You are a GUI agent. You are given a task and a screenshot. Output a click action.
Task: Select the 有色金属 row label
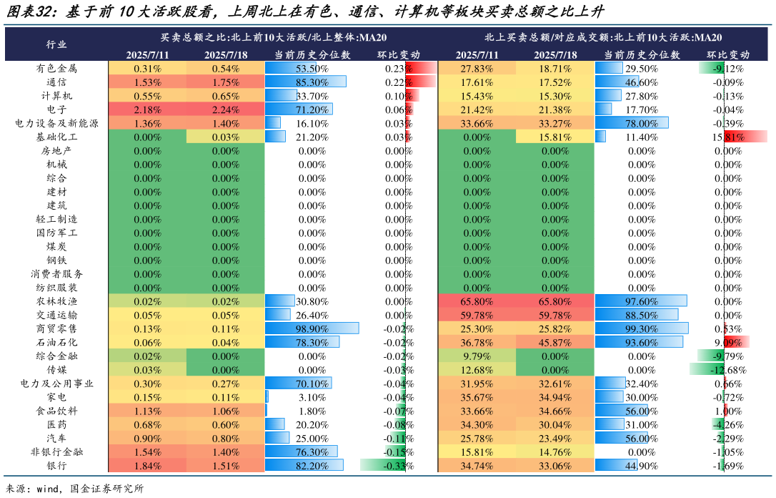[x=56, y=69]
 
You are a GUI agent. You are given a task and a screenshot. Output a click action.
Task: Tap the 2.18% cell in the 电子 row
[x=147, y=109]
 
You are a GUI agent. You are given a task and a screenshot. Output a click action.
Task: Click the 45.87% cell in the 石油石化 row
[x=555, y=343]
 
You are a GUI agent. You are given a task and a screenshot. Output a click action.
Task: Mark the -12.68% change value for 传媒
[x=728, y=370]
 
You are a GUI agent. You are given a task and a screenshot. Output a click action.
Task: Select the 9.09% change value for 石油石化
[x=728, y=343]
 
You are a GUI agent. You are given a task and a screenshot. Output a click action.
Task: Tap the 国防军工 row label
[x=56, y=233]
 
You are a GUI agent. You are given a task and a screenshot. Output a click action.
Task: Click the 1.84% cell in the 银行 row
[x=147, y=466]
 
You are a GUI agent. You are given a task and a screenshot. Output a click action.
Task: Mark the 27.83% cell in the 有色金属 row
[x=477, y=69]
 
